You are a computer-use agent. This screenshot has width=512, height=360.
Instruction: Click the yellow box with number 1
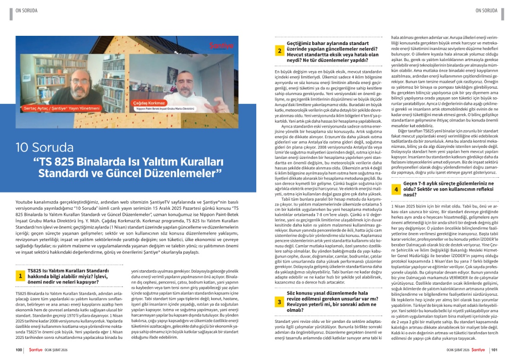21,276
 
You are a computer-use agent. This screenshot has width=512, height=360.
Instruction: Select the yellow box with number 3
279,301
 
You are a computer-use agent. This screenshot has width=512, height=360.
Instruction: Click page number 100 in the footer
19,350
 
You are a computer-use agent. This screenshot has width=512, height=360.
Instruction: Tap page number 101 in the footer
494,350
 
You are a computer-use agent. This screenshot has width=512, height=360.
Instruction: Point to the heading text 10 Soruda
45,147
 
